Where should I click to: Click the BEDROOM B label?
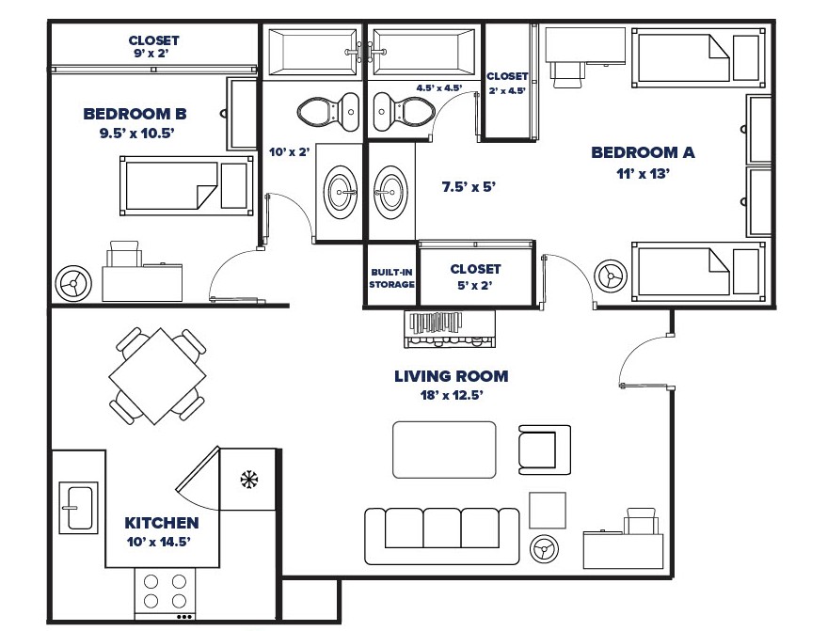coord(135,114)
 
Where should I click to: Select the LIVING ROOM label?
coord(451,376)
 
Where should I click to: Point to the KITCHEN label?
coord(162,523)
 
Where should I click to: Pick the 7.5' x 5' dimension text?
coord(469,186)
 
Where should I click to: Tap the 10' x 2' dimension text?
coord(290,150)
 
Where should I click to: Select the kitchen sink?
coord(76,507)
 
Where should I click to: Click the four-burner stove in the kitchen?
coord(165,592)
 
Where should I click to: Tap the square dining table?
coord(158,376)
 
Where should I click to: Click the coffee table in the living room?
coord(444,450)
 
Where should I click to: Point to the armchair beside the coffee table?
coord(545,449)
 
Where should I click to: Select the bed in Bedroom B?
coord(185,182)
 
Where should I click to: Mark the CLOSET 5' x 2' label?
coord(475,276)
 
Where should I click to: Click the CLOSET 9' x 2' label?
coord(153,47)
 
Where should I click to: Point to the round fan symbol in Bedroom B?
coord(72,280)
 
